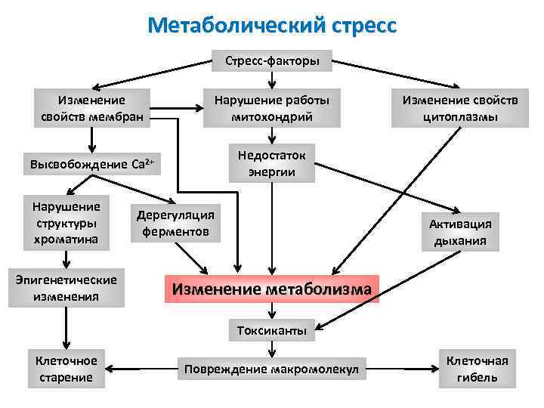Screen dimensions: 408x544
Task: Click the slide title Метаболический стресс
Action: [272, 26]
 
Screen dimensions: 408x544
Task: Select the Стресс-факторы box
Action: [272, 60]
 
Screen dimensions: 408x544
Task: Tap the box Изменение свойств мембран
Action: [92, 108]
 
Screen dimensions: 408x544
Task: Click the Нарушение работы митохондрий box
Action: [272, 108]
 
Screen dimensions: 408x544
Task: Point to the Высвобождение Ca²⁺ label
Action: [92, 163]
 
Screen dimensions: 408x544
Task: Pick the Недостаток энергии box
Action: [272, 163]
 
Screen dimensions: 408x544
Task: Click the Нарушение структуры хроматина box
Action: [66, 223]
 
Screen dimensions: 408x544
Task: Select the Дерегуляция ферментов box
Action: [175, 223]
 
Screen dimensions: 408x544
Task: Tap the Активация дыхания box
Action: [460, 232]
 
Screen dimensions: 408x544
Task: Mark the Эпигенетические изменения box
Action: [66, 288]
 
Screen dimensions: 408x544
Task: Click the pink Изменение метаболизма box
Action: [272, 289]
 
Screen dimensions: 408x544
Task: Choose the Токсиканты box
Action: [272, 330]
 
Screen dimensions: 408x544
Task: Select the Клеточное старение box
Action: [66, 368]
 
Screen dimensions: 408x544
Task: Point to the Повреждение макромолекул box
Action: [272, 369]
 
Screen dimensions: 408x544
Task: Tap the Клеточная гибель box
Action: [478, 368]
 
